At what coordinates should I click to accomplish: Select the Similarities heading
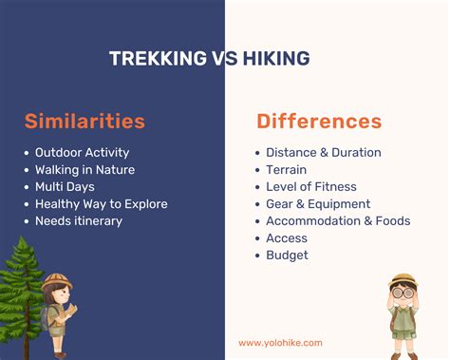tap(85, 121)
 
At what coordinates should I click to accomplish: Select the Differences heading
tap(319, 122)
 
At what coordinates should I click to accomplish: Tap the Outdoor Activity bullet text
tap(82, 152)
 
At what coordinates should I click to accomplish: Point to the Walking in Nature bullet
tap(84, 169)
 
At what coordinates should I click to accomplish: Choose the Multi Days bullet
tap(65, 186)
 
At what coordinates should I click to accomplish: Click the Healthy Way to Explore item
tap(101, 203)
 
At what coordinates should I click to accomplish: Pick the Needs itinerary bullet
tap(79, 220)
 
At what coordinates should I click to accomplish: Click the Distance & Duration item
tap(323, 152)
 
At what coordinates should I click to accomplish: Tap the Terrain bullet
tap(286, 169)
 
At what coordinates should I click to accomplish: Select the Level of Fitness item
tap(310, 186)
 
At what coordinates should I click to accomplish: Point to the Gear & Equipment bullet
tap(318, 203)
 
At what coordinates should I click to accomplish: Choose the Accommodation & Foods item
tap(338, 220)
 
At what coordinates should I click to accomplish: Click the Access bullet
tap(287, 237)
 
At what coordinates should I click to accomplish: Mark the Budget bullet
tap(287, 255)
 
